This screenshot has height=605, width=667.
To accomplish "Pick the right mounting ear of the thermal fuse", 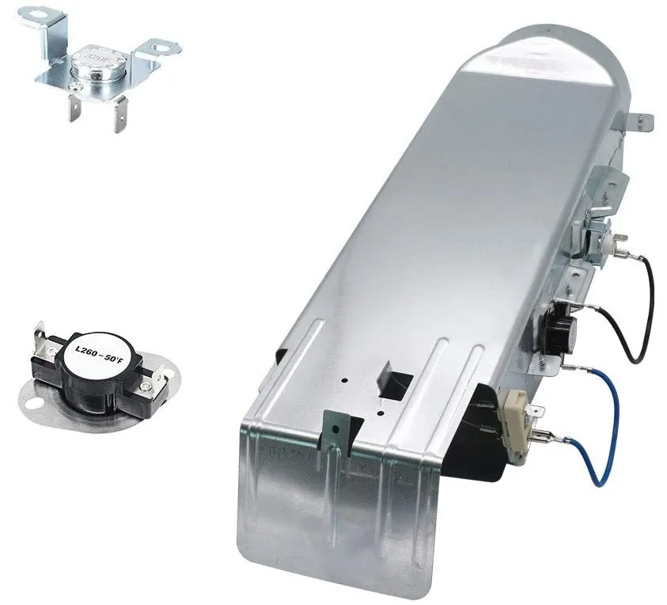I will (x=161, y=47).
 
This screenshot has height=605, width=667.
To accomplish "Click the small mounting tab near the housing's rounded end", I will (x=644, y=120).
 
